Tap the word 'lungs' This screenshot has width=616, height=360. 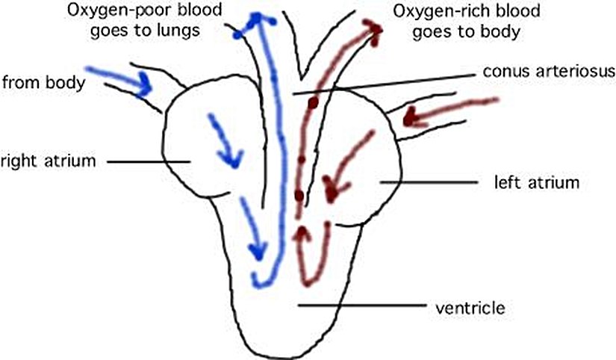pos(181,31)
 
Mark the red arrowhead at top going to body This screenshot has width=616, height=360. pos(373,30)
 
